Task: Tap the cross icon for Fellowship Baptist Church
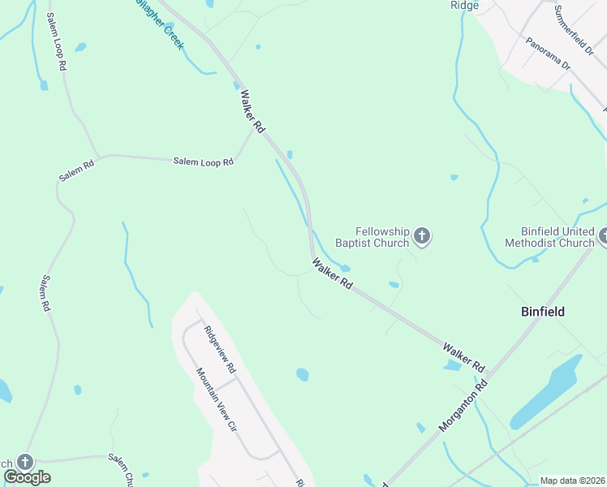[x=422, y=237]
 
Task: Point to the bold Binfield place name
[x=542, y=312]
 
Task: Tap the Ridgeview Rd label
[x=219, y=349]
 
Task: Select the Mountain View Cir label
[x=217, y=399]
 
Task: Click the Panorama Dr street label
[x=548, y=54]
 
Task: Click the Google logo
[x=28, y=477]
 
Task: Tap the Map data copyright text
[x=572, y=481]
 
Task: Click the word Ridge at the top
[x=464, y=5]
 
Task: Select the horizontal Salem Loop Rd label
[x=203, y=162]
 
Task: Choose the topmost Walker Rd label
[x=253, y=112]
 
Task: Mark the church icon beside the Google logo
[x=24, y=462]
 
